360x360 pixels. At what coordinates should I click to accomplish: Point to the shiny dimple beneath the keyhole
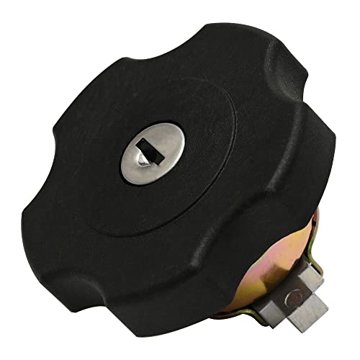(x=144, y=158)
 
